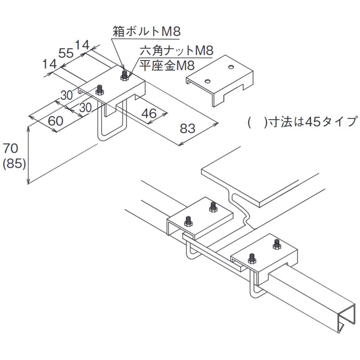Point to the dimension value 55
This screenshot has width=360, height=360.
66,54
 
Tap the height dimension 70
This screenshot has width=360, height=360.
11,148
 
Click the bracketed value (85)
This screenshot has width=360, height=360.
13,164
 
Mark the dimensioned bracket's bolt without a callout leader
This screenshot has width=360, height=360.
100,90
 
